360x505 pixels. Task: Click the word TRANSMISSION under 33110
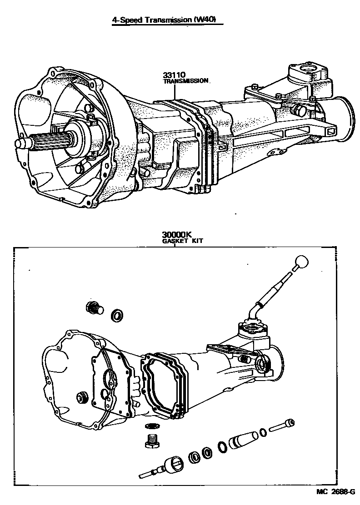[x=186, y=81]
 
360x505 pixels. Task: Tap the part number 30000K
[x=175, y=235]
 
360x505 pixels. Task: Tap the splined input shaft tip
[x=21, y=143]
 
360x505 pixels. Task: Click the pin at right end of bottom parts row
[x=283, y=426]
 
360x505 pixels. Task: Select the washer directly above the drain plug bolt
[x=151, y=426]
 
